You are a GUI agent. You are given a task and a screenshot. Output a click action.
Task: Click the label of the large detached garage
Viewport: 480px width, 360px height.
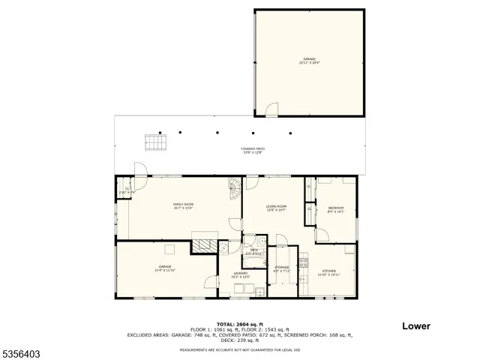pos(309,59)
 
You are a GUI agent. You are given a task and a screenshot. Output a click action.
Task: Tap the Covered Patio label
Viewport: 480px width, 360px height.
pos(252,150)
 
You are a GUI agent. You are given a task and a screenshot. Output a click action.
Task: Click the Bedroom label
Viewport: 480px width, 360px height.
pos(335,209)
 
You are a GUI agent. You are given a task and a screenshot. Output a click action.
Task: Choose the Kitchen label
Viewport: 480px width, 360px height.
pos(329,272)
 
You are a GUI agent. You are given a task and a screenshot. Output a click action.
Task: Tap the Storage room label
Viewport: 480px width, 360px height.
pos(281,268)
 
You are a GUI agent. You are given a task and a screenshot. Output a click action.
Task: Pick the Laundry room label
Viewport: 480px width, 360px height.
pos(240,275)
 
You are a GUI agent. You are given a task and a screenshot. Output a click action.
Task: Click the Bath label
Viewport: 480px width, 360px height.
pos(254,252)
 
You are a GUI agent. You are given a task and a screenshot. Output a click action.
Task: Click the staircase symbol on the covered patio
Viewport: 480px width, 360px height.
pos(154,142)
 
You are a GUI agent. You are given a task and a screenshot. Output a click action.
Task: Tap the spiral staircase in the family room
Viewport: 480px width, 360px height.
pos(235,189)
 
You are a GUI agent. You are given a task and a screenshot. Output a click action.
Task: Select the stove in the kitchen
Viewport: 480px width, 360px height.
pos(304,262)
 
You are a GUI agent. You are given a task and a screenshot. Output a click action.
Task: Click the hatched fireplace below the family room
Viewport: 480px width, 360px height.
pos(201,245)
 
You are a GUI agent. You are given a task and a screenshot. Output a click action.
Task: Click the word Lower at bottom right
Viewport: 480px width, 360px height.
pos(415,326)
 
